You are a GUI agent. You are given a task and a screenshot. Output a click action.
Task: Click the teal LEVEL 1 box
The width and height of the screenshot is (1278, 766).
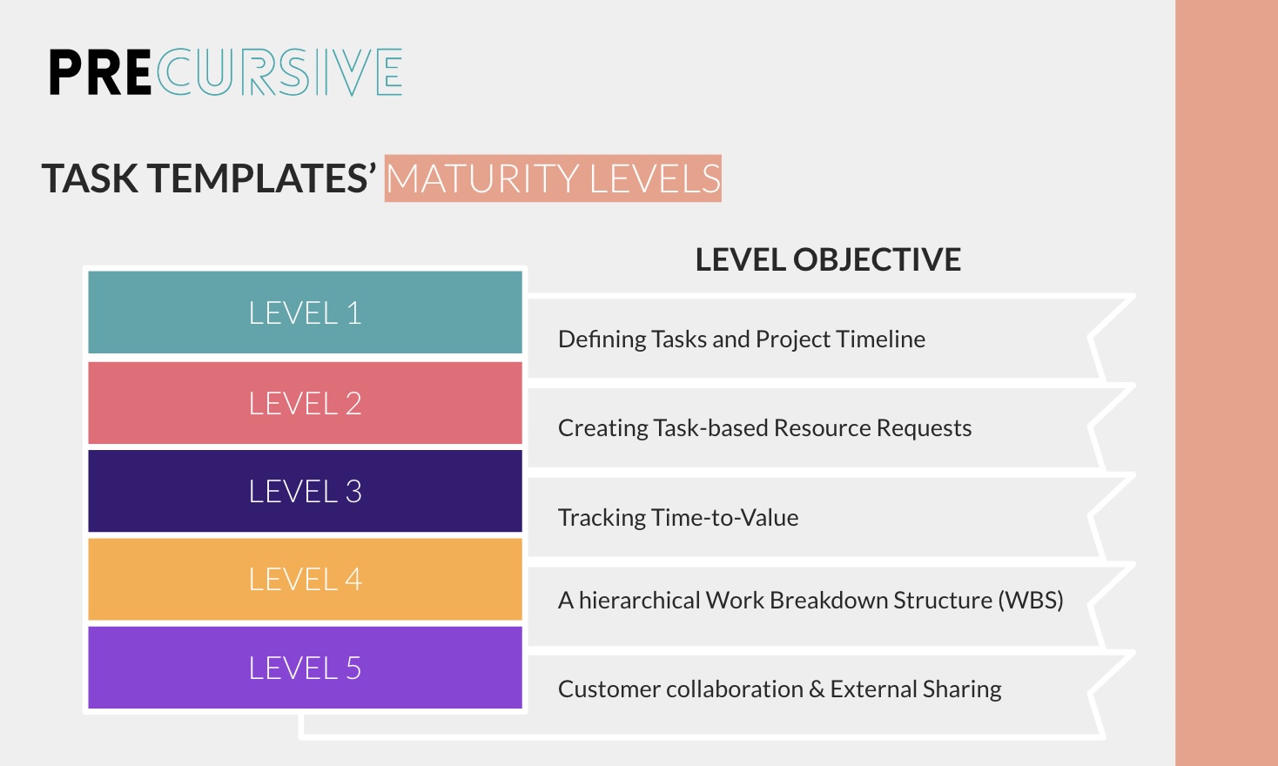(x=305, y=312)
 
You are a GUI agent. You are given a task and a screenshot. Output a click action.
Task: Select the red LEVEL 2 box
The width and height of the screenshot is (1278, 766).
(x=305, y=403)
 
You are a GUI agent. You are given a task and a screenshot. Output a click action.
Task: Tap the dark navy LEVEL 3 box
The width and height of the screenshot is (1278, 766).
(x=305, y=491)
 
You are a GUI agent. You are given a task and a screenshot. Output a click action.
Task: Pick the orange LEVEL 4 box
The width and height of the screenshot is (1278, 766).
(x=305, y=579)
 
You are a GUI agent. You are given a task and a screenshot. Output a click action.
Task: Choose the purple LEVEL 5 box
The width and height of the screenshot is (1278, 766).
(x=305, y=668)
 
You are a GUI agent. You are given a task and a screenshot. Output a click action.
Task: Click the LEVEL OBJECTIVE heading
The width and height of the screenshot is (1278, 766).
(x=828, y=259)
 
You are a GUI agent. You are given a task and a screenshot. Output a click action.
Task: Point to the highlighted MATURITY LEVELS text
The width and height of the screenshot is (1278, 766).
(x=553, y=178)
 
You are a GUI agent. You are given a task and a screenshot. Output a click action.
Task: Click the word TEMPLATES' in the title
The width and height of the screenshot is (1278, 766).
(x=262, y=178)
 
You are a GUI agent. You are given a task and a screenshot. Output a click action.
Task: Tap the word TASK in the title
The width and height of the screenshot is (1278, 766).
(x=91, y=178)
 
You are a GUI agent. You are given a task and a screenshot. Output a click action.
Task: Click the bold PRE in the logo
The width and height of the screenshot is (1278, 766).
(x=100, y=72)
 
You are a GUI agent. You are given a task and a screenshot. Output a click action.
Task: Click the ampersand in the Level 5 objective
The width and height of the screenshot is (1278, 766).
(x=817, y=689)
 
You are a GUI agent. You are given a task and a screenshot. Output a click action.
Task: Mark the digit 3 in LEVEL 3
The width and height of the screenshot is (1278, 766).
(x=353, y=491)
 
